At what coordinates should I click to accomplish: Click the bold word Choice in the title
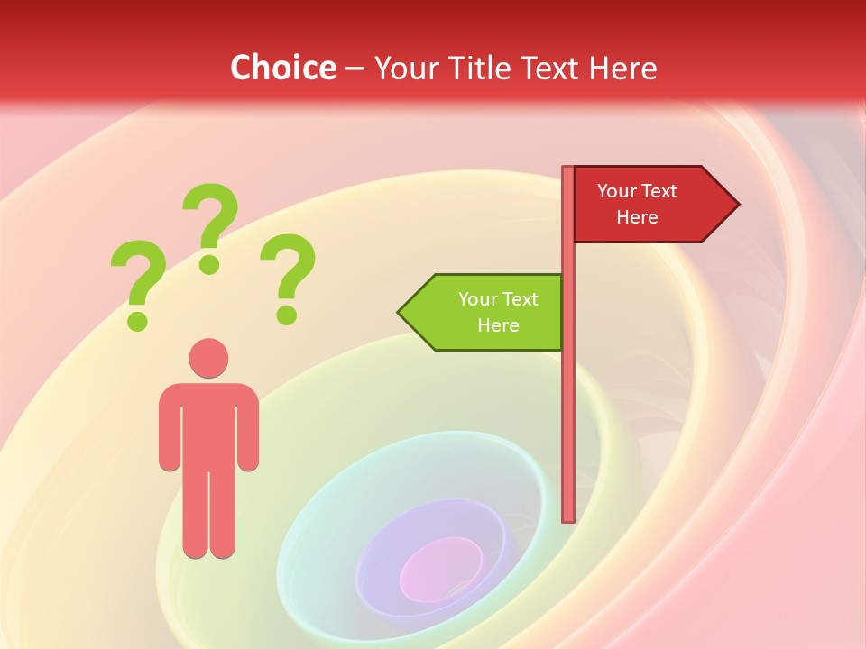(x=282, y=68)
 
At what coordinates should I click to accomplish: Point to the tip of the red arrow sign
(x=737, y=205)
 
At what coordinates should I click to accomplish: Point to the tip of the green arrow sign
(x=400, y=313)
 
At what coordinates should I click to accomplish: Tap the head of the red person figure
(x=208, y=358)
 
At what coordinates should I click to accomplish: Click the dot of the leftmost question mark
(x=137, y=319)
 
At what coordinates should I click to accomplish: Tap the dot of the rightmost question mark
(x=287, y=315)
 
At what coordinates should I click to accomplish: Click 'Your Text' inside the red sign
(x=637, y=191)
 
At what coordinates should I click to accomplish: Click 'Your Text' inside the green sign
(x=498, y=299)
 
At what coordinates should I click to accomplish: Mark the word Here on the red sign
(x=637, y=217)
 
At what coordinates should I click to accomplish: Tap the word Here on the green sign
(x=498, y=325)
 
